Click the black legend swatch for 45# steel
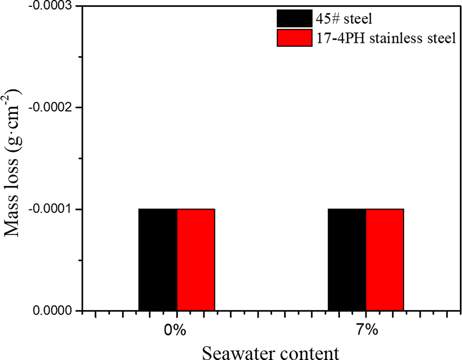pos(295,19)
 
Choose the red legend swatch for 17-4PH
pos(295,38)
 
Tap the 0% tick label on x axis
pos(177,331)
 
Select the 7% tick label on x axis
pos(366,331)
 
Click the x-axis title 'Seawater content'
pos(270,352)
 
